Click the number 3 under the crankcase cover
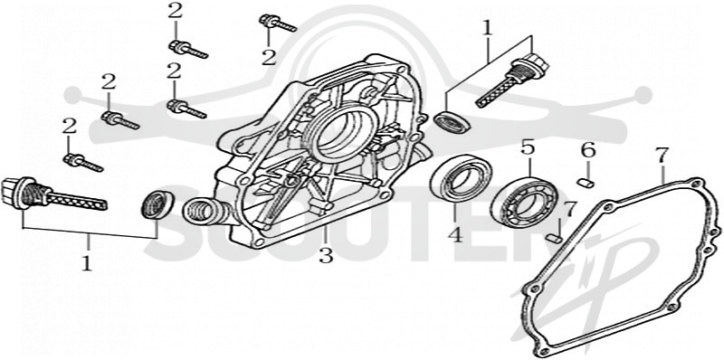(326, 255)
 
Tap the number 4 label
(455, 235)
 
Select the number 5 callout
(528, 147)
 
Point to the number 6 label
(587, 150)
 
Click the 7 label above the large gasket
(662, 156)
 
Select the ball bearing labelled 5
(524, 202)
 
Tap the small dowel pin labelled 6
(586, 184)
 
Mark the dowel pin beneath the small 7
(553, 238)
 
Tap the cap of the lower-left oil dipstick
(14, 193)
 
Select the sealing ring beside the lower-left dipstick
(157, 204)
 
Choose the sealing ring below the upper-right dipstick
(452, 122)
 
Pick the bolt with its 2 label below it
(278, 23)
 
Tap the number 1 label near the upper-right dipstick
(487, 28)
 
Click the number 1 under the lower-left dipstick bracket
(87, 262)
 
